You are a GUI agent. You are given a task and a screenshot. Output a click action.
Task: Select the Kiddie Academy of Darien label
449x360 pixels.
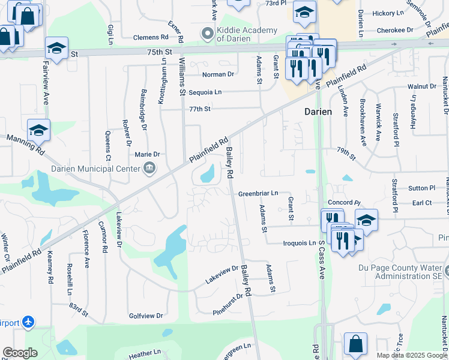click(x=247, y=35)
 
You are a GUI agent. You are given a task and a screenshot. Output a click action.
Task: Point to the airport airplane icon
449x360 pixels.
click(x=28, y=322)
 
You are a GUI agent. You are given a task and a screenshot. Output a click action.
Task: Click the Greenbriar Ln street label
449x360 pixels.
click(x=258, y=194)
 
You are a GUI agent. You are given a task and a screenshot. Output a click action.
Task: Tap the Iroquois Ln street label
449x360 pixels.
click(x=300, y=243)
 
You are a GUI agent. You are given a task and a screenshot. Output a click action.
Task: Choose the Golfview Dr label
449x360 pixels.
click(x=146, y=316)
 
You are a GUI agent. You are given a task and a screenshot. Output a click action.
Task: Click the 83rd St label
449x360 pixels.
click(x=78, y=309)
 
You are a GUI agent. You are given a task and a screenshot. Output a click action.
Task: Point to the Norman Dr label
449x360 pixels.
click(x=218, y=74)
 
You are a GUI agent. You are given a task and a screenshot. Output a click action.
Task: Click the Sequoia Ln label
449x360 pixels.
click(x=205, y=92)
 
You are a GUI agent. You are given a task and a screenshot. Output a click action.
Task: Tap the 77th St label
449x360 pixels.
click(x=200, y=109)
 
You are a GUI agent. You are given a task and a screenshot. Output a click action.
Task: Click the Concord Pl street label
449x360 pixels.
click(x=344, y=203)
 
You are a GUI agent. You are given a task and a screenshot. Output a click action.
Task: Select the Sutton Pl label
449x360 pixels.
click(x=421, y=188)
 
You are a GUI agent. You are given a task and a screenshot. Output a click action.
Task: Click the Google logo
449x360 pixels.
click(x=20, y=353)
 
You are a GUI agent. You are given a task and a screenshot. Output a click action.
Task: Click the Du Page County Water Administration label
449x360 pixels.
click(x=401, y=272)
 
